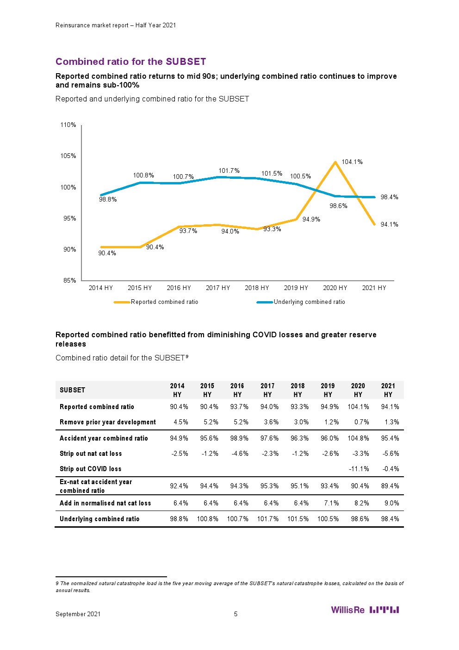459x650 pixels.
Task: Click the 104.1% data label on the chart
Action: pos(352,162)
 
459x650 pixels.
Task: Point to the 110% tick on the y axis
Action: pos(68,125)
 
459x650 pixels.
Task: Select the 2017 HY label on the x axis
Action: pos(217,288)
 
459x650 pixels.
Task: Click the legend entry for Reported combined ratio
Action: pos(164,302)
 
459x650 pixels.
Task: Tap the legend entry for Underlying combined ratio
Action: pos(309,302)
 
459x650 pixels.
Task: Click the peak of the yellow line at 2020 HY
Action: pos(335,162)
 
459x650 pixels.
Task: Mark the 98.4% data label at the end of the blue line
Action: pos(389,197)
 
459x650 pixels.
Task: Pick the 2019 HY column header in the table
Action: pos(328,390)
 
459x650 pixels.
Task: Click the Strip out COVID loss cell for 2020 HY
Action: pos(359,469)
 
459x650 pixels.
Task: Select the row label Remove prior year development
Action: pos(108,422)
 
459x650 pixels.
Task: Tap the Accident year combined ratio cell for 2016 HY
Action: pos(240,438)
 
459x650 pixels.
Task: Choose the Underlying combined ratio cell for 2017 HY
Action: pos(268,519)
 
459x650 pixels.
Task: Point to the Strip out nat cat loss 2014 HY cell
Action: pos(180,454)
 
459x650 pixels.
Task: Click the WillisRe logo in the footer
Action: pos(365,610)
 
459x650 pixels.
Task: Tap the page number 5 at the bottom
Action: pos(236,614)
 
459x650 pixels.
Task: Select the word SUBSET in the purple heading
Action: pos(186,62)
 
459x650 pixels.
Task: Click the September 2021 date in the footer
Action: pos(78,614)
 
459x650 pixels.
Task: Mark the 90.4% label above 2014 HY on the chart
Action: pos(107,253)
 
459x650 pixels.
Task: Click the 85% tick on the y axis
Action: pos(69,280)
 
